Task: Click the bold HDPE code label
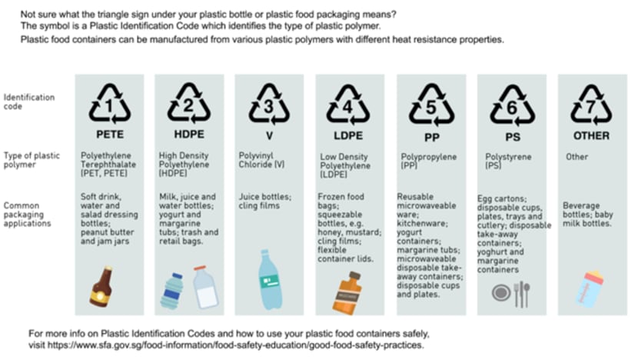click(x=189, y=135)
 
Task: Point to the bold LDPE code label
click(x=348, y=135)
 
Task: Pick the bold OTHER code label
click(x=591, y=135)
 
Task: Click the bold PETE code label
click(x=110, y=135)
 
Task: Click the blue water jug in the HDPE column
click(x=171, y=292)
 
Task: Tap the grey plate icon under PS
click(x=501, y=293)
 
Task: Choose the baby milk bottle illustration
click(x=590, y=289)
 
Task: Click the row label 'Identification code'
click(x=29, y=102)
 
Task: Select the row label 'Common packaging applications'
click(x=27, y=214)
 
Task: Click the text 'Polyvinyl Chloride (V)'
click(x=261, y=160)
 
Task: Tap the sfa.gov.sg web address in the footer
click(x=235, y=345)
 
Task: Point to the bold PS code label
click(x=513, y=137)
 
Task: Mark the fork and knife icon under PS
click(x=522, y=295)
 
